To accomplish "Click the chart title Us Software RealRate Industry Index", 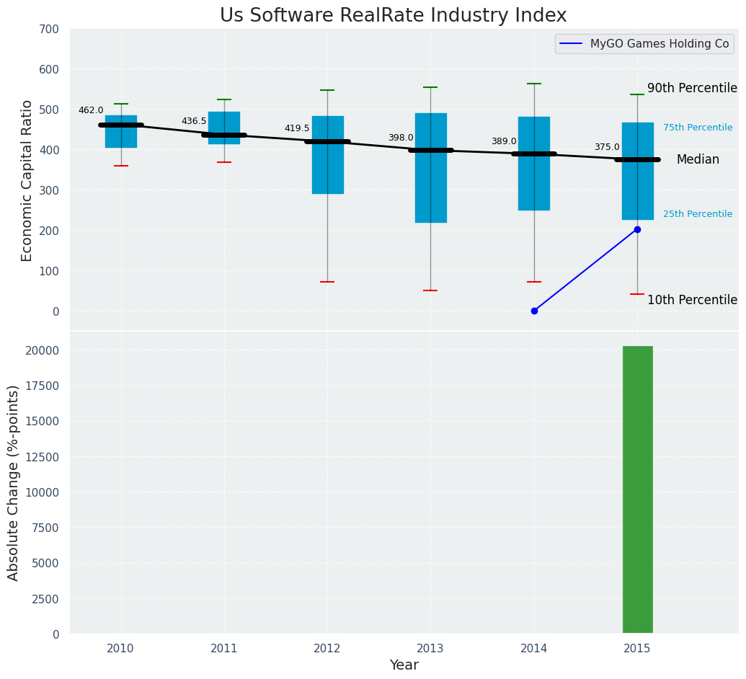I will (x=393, y=16).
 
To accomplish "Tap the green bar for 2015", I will (x=637, y=489).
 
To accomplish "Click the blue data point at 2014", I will (x=534, y=311).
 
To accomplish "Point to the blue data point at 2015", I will (x=637, y=229).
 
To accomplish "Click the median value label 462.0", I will (x=91, y=110).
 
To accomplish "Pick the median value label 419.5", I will (x=297, y=128).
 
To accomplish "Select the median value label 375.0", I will (x=607, y=147).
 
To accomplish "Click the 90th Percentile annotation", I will (x=692, y=88).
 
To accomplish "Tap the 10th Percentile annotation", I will (x=692, y=300).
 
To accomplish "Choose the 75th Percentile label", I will (x=698, y=128).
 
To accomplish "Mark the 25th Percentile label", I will (x=698, y=214).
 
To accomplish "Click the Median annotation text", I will (x=698, y=160).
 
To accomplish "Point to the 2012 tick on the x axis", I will (x=327, y=649).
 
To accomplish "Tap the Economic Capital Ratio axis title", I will (x=27, y=180).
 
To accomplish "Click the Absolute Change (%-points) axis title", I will (x=14, y=482).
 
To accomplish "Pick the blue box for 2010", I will (x=121, y=132).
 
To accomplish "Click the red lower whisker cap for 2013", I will (x=430, y=290).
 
